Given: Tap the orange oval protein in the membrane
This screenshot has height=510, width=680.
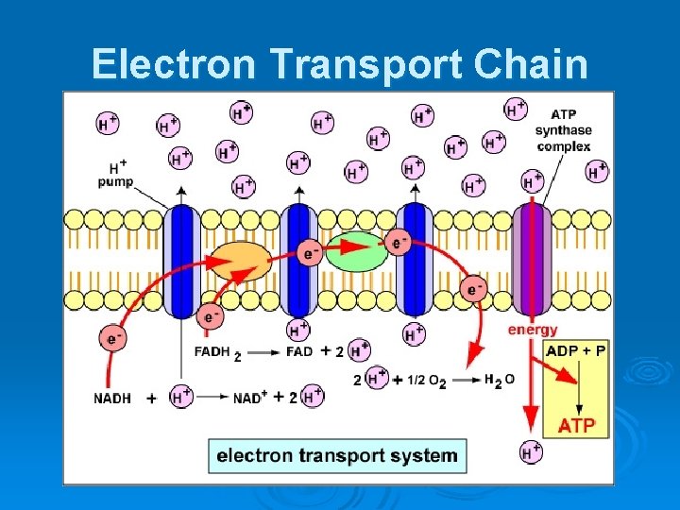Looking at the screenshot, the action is coord(239,260).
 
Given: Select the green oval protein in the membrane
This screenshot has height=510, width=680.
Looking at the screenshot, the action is coord(356,249).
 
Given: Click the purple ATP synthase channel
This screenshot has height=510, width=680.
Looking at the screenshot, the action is coord(532,256).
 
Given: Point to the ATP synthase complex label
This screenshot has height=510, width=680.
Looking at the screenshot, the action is coord(563,130).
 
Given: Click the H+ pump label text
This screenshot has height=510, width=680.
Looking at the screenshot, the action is coord(115,174).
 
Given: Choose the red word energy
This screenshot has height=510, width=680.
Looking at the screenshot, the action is coord(533,330).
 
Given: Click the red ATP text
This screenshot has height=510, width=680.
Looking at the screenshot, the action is coord(576,425).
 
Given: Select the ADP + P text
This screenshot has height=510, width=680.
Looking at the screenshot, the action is coord(576,350).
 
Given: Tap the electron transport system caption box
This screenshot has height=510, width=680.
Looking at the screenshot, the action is coord(337,455).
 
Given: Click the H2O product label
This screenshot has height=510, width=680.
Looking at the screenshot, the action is coord(499,380).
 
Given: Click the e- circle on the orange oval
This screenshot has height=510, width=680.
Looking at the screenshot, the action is coord(309,252).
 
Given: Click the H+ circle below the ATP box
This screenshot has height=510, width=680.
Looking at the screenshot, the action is coord(532,451).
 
